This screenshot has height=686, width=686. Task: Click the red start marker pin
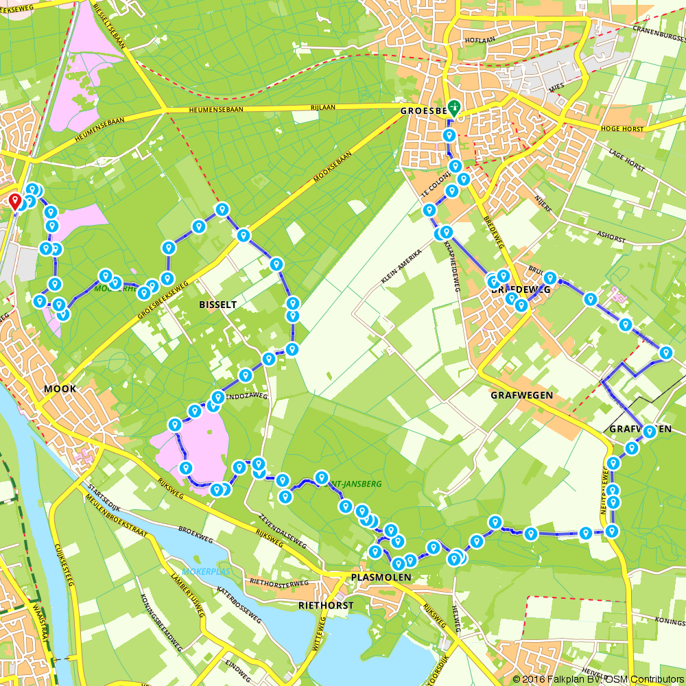(x=14, y=201)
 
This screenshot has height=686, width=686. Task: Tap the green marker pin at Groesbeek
(x=454, y=108)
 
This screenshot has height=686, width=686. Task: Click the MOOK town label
(x=60, y=389)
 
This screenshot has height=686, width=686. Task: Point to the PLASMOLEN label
(x=381, y=578)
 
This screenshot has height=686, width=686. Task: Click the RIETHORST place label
(x=326, y=605)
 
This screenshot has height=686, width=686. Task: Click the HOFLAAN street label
(x=480, y=40)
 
